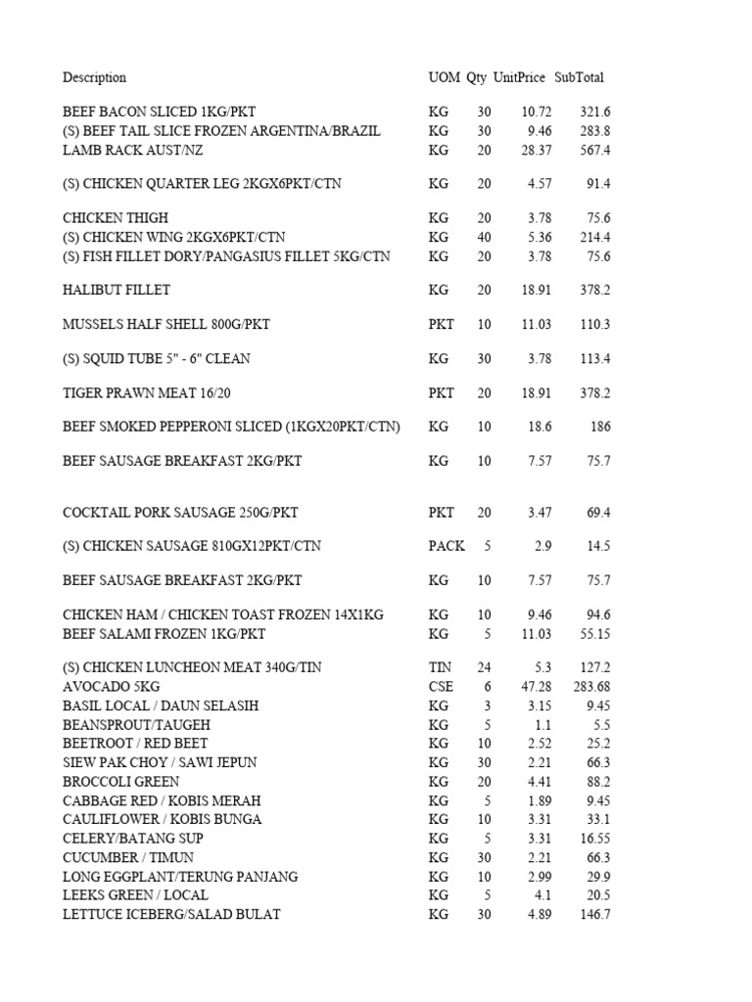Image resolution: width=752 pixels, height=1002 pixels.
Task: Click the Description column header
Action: click(x=94, y=77)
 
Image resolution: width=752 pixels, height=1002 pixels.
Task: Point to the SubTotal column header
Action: click(x=579, y=77)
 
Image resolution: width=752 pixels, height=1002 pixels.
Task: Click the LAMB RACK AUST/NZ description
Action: click(x=133, y=150)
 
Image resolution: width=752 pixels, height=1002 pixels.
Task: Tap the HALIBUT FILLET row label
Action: click(x=117, y=290)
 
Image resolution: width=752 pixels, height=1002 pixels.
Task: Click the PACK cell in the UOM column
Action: click(x=446, y=546)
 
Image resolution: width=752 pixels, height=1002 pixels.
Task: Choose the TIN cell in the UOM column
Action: click(x=440, y=667)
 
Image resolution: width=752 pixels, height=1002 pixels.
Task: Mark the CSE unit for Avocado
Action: click(x=441, y=687)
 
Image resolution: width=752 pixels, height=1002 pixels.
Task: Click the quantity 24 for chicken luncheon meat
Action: click(x=484, y=667)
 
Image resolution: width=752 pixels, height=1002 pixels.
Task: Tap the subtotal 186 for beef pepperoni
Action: click(x=599, y=427)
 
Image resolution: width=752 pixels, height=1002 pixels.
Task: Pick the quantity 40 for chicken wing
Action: click(x=484, y=237)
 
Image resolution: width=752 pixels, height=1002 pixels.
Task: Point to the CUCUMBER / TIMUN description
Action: click(x=124, y=857)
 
